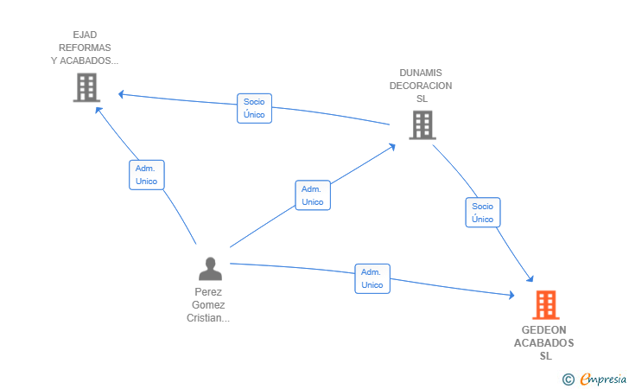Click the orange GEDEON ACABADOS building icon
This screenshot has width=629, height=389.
(546, 305)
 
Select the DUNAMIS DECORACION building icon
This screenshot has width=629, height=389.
(423, 124)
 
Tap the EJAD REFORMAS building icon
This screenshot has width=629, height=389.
(86, 87)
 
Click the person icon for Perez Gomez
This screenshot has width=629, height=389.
(210, 269)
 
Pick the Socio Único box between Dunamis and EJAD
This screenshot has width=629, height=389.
(254, 108)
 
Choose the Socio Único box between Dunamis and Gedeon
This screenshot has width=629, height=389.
(483, 213)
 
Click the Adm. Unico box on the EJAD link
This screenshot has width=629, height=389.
(146, 175)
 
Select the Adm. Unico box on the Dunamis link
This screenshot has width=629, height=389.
(313, 195)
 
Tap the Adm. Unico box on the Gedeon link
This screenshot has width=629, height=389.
(372, 278)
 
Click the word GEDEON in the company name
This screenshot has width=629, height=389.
(544, 330)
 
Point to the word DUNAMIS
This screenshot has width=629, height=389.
(421, 73)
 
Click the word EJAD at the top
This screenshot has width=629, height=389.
(85, 35)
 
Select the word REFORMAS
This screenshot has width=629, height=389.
(85, 48)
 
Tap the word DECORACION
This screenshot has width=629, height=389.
(421, 86)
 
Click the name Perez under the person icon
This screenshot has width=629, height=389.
(208, 292)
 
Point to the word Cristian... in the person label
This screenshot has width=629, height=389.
(208, 318)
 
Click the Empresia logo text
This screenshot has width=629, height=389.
(603, 379)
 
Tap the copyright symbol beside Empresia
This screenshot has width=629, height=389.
(568, 379)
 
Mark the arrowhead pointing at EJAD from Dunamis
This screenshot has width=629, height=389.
(121, 94)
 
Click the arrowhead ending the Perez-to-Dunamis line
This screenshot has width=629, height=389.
(392, 147)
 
